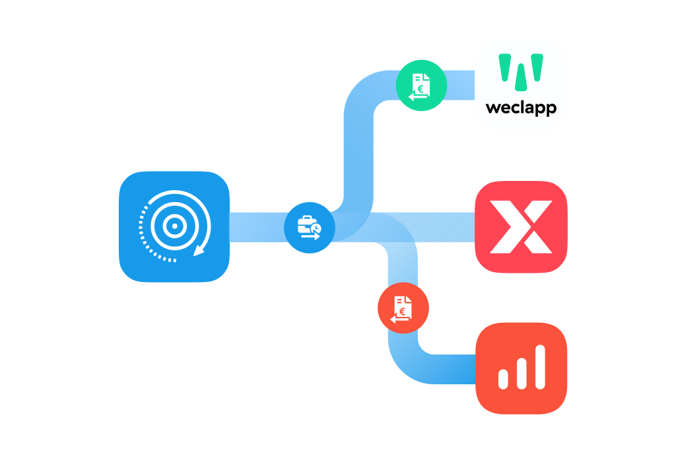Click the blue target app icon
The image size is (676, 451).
click(174, 226)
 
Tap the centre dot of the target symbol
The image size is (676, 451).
click(174, 226)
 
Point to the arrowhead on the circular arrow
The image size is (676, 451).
click(199, 250)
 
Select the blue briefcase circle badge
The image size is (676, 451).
click(310, 228)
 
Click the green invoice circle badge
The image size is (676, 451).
click(421, 85)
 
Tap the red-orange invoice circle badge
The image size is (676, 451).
click(403, 308)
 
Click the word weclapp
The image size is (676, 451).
click(521, 108)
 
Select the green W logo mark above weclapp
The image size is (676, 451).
click(521, 72)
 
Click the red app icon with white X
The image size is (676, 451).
click(521, 226)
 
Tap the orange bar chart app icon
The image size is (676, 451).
click(521, 368)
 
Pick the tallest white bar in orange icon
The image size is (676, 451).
click(540, 367)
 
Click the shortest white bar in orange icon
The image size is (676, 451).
click(503, 379)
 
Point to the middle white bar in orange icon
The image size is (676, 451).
click(522, 373)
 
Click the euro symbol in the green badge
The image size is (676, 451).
click(421, 89)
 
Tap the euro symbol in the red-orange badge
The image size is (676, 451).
click(402, 311)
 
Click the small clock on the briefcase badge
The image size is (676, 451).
click(317, 228)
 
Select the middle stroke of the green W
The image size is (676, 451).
click(521, 77)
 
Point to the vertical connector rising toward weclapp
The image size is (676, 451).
click(358, 155)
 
